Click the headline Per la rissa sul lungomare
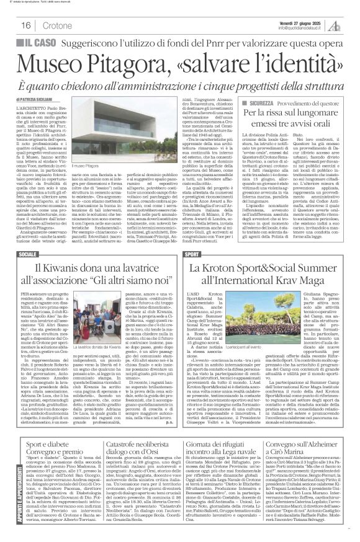289,115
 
